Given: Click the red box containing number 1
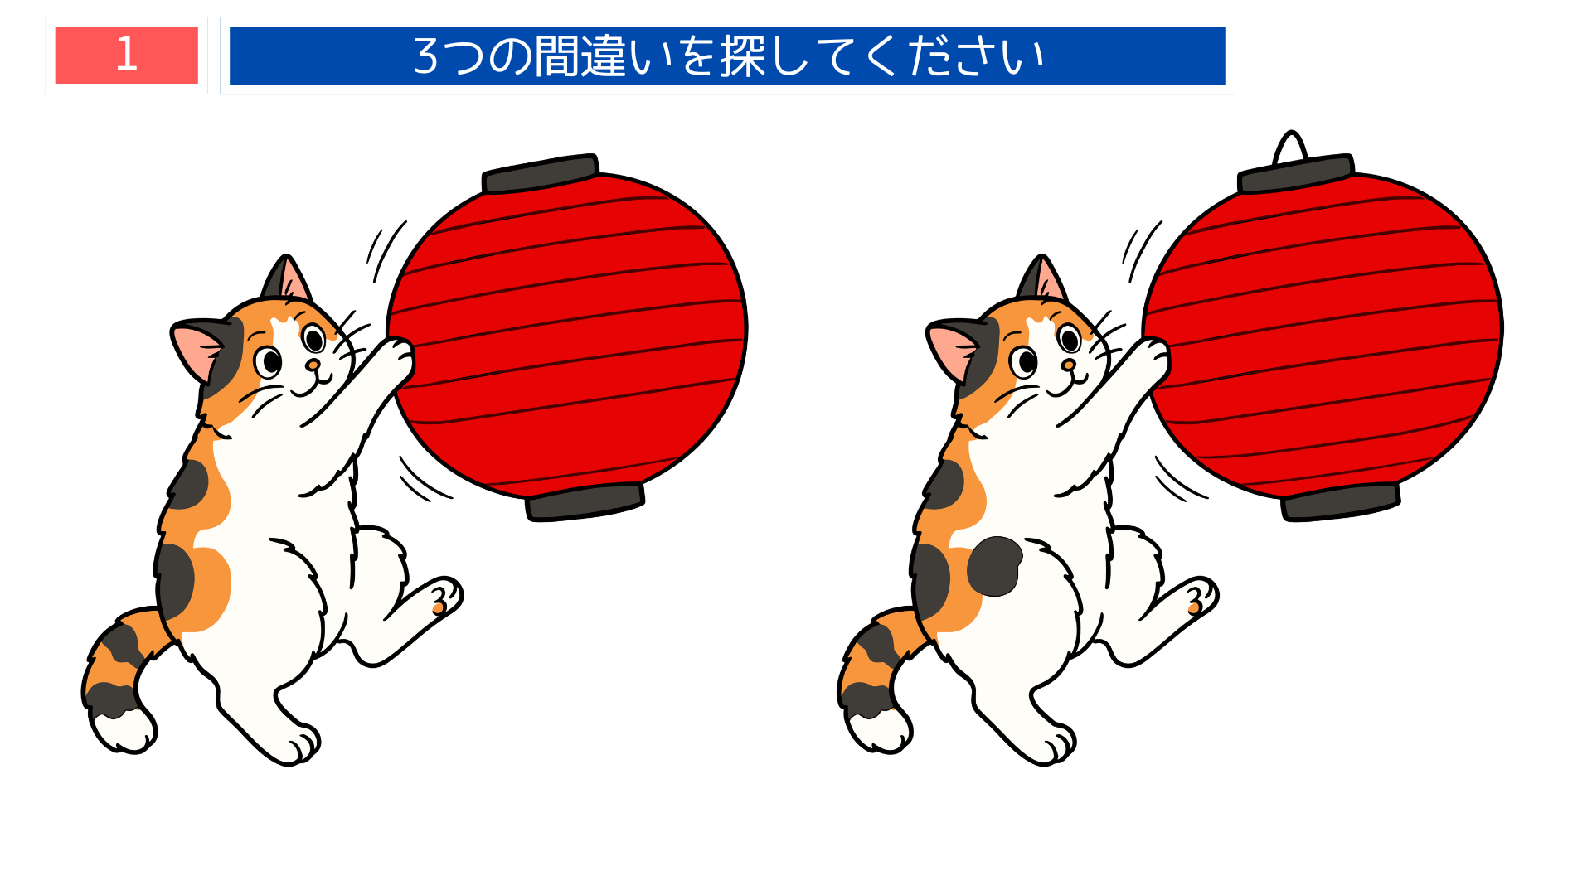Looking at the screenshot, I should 126,55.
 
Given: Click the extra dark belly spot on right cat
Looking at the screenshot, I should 994,566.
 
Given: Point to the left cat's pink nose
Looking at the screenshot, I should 313,365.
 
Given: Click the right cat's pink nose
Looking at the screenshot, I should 1069,365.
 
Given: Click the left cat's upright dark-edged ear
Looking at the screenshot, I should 286,278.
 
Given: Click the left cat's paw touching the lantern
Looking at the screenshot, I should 396,356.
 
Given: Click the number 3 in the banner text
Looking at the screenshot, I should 425,56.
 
